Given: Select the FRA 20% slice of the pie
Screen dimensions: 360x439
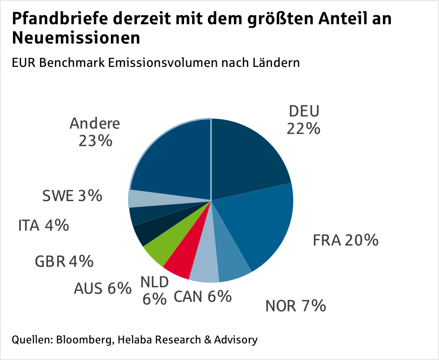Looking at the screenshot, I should point(260,224).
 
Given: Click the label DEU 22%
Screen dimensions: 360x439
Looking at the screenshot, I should point(304,120).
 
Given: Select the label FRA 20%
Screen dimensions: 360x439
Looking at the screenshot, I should point(345,240).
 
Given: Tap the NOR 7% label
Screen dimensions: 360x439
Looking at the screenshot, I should point(295,306).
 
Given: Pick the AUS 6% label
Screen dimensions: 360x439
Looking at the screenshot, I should point(102,288).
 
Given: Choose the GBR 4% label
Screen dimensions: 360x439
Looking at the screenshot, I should point(64,261).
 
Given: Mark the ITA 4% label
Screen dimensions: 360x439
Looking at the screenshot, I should point(44,225).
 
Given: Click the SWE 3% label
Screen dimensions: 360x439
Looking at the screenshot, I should point(72,196).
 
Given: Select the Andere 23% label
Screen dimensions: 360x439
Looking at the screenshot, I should point(95,132).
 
